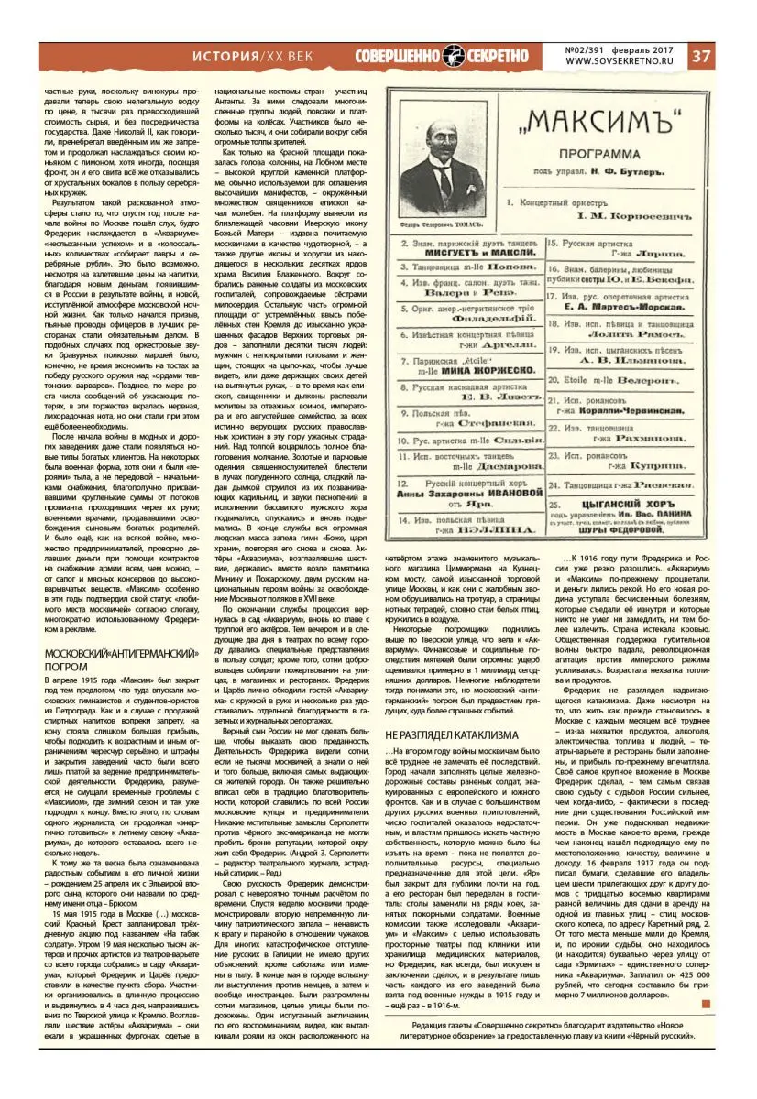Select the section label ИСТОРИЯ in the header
[x=225, y=56]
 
